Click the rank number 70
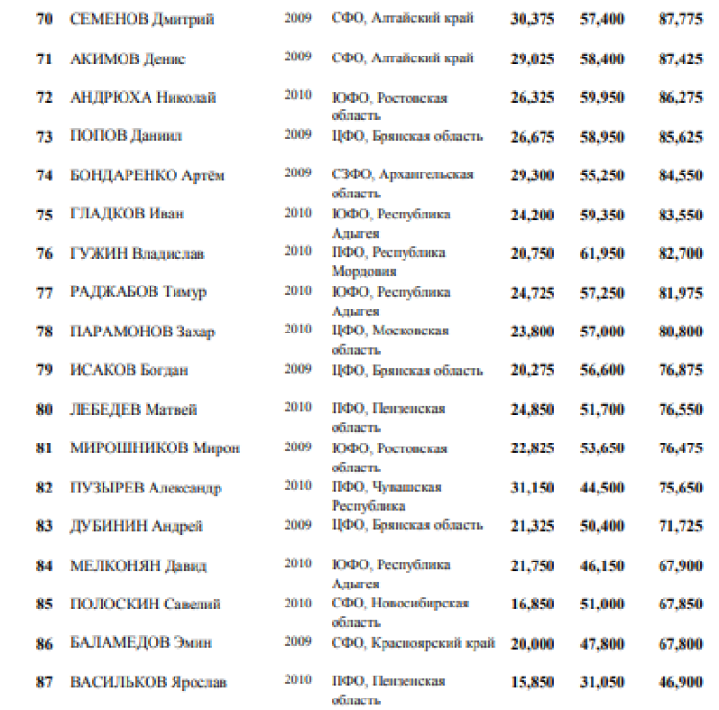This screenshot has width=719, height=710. click(x=44, y=20)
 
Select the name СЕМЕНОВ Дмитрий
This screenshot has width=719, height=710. click(x=142, y=20)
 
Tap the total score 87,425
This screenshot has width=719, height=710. click(x=681, y=59)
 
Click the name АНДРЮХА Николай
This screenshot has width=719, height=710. click(x=143, y=98)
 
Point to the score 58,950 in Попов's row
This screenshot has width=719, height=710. click(x=602, y=137)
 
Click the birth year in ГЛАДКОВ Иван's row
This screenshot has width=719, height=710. click(x=297, y=212)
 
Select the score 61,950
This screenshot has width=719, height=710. click(x=602, y=254)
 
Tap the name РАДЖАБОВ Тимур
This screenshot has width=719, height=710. click(x=138, y=292)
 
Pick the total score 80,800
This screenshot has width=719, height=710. click(x=681, y=332)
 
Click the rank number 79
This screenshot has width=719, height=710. click(x=44, y=370)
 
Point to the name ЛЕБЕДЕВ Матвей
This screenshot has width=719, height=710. click(x=133, y=409)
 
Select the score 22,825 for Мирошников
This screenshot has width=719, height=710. click(x=530, y=448)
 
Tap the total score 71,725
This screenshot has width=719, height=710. click(x=681, y=526)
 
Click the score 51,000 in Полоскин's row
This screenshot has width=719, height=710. click(x=602, y=604)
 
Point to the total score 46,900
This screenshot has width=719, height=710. click(x=681, y=682)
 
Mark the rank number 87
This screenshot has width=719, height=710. click(x=44, y=682)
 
